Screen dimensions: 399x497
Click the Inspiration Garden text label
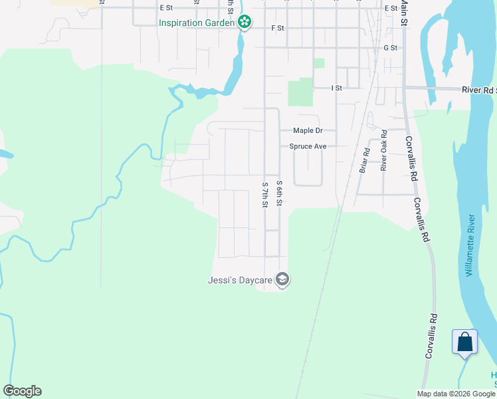tap(197, 23)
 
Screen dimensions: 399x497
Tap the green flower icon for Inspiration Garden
tap(245, 23)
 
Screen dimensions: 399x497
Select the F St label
tap(278, 28)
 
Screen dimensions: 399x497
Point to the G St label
tap(390, 48)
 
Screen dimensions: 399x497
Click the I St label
tap(336, 88)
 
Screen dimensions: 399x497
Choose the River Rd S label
tap(479, 89)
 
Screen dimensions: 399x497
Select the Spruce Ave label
tap(308, 146)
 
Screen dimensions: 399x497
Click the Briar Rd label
tap(363, 160)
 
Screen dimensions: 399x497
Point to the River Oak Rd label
tap(383, 150)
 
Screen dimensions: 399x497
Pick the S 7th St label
tap(264, 194)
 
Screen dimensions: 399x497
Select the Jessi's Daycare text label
tap(241, 280)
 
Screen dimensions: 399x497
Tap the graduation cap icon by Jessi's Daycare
tap(282, 280)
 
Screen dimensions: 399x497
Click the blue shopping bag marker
tap(465, 342)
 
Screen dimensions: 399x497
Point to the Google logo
tap(22, 391)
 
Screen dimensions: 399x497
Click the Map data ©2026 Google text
tap(456, 394)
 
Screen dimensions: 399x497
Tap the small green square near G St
tap(319, 63)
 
